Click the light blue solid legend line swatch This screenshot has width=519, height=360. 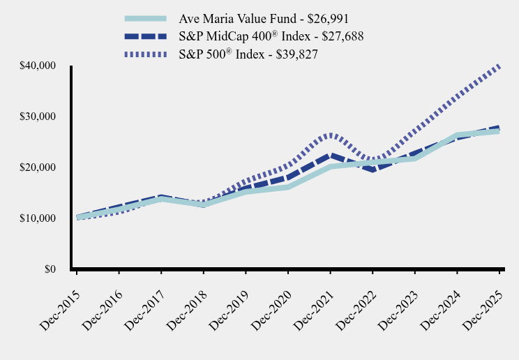[146, 19]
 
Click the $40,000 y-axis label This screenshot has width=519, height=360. [38, 66]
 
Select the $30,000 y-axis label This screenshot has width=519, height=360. [38, 117]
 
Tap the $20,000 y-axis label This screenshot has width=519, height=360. [38, 167]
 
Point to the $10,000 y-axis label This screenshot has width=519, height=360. [38, 218]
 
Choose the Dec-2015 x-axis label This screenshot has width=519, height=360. [59, 296]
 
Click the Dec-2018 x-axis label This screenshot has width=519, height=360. [186, 296]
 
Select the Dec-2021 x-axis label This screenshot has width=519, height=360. [313, 296]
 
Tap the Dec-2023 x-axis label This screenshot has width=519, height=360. [398, 296]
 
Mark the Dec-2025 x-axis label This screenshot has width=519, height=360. [482, 296]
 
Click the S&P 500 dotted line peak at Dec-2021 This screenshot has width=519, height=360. [330, 134]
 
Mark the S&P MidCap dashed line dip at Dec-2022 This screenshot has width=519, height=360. [373, 170]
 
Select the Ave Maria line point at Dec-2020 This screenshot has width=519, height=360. [288, 187]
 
